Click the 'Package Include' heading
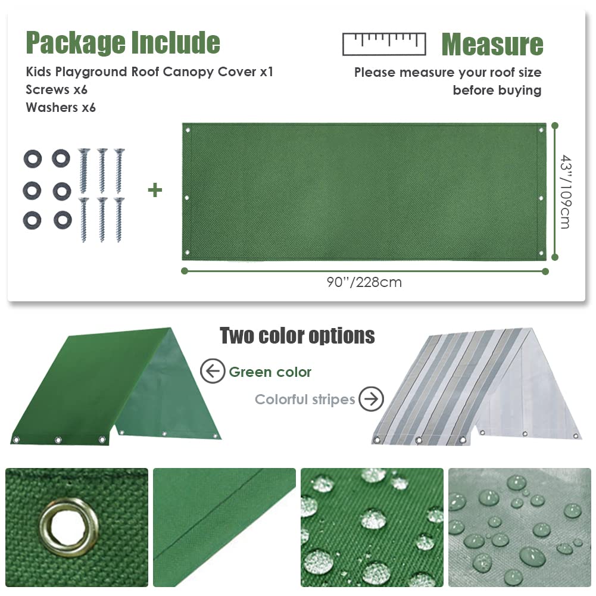123,43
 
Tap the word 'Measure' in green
492,45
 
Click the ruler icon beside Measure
384,43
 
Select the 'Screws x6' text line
57,90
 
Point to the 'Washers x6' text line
61,108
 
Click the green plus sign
155,191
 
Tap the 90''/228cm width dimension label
364,282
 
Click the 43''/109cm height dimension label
565,192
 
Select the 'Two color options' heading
297,336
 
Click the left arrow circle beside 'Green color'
212,372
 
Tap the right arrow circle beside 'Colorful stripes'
372,399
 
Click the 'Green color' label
270,373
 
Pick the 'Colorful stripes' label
305,400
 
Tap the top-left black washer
33,158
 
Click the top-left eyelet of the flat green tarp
188,130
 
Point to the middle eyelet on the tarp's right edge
540,198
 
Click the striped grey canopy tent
476,387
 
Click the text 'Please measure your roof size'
448,73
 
